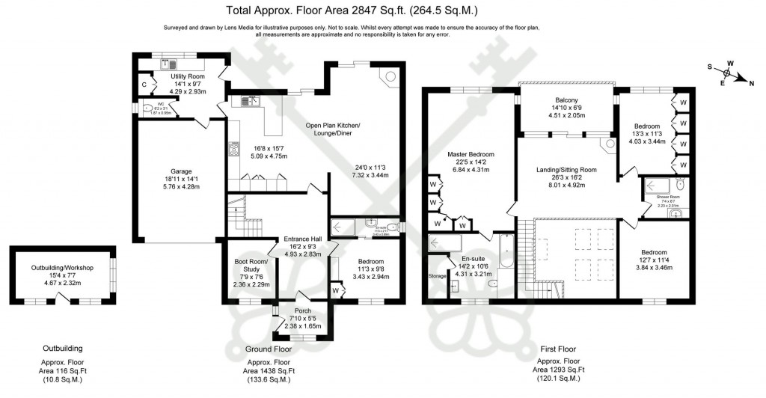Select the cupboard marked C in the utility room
(x=144, y=85)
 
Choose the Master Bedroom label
(x=471, y=154)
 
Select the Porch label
(x=304, y=310)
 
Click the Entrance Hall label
(x=303, y=239)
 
